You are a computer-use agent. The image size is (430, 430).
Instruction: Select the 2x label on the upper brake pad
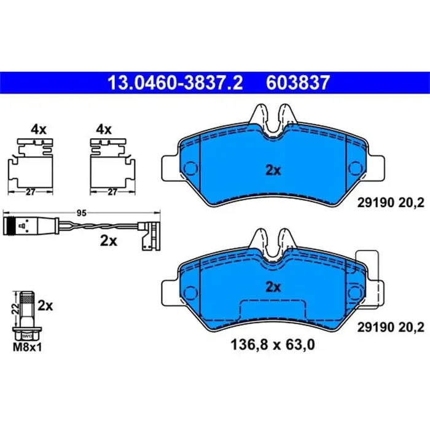(273, 171)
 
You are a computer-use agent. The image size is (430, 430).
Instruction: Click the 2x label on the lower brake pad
(273, 286)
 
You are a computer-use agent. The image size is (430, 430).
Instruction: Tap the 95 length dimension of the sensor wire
(80, 213)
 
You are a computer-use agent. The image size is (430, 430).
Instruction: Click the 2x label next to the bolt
(45, 305)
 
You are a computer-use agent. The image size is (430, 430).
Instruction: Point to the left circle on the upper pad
(191, 167)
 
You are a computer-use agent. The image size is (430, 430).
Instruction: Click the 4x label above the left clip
(39, 130)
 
